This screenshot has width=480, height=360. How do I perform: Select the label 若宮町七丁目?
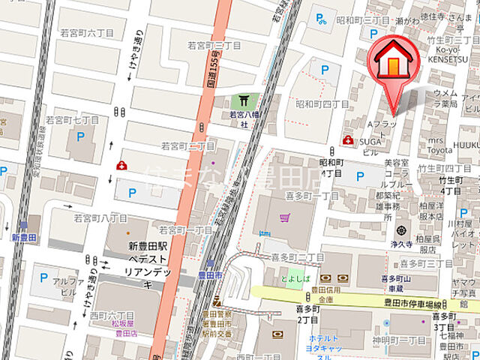72,119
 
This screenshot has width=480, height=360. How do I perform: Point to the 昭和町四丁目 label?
322,103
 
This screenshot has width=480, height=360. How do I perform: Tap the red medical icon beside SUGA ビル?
347,139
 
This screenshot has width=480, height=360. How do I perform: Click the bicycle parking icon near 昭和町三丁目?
321,16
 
